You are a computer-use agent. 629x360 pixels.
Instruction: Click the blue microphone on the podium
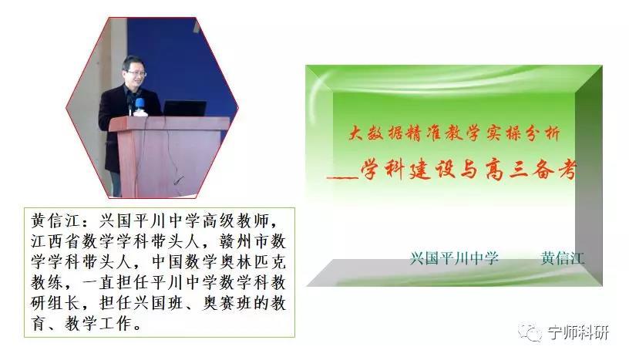coord(140,104)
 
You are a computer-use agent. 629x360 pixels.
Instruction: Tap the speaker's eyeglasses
coord(136,73)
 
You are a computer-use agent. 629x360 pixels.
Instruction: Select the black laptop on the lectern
coord(184,108)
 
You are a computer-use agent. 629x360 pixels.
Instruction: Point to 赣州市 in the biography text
coord(244,241)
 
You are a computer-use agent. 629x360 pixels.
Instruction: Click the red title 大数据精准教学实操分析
coord(454,133)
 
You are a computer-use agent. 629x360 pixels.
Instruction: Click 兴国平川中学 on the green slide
coord(454,258)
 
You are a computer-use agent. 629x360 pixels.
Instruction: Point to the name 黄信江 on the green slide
coord(563,258)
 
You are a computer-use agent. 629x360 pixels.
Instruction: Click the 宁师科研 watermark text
coord(577,333)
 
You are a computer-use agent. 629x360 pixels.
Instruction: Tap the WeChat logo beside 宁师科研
coord(530,332)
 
